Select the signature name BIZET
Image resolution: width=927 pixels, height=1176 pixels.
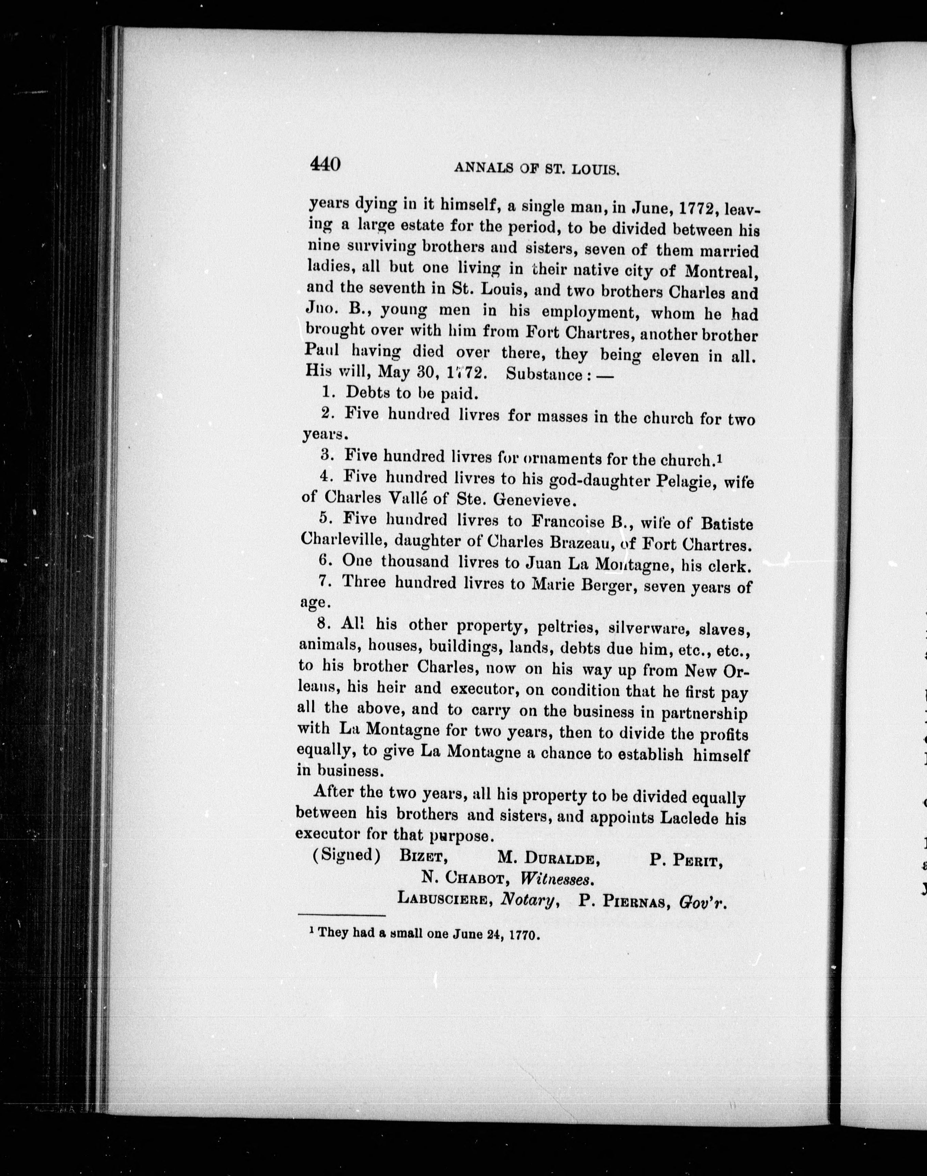pos(423,857)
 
